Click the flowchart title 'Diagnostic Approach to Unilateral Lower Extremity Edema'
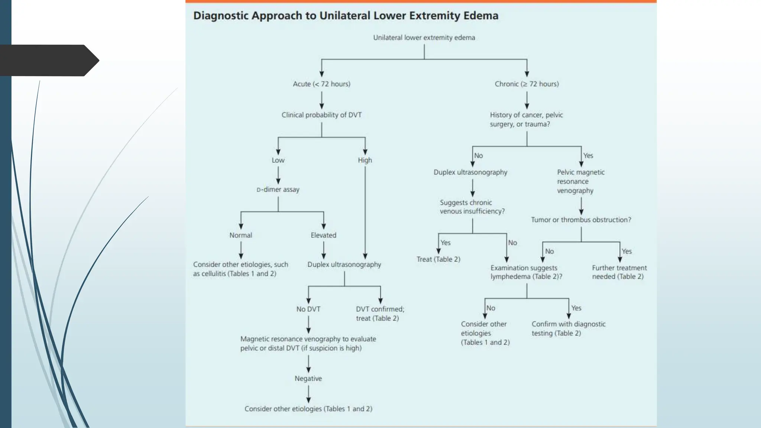point(346,16)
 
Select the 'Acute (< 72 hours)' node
point(321,84)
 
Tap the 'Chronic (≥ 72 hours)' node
point(527,84)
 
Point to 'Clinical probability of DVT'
point(321,115)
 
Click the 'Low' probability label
point(278,160)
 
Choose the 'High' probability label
point(365,160)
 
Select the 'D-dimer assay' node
point(278,189)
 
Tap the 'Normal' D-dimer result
point(241,235)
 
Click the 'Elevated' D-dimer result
point(323,235)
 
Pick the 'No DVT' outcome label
point(308,309)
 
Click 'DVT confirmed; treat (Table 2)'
point(380,314)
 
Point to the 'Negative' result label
point(308,379)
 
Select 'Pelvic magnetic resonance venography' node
point(580,181)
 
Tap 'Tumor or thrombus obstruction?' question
point(581,220)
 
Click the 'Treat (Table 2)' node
point(438,259)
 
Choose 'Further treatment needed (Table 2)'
point(619,272)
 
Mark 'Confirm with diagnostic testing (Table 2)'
point(568,328)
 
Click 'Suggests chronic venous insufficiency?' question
point(472,207)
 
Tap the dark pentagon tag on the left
point(48,60)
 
